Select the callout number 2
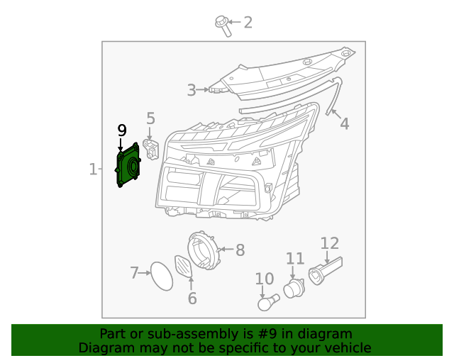(x=248, y=23)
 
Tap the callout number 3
(x=192, y=90)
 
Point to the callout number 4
(x=344, y=124)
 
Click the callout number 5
(x=150, y=118)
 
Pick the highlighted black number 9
(x=122, y=130)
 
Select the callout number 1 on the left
(x=93, y=169)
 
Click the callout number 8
(x=240, y=250)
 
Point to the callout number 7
(x=134, y=272)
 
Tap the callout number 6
(x=192, y=298)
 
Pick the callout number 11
(x=294, y=259)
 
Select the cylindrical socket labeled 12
(x=324, y=270)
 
